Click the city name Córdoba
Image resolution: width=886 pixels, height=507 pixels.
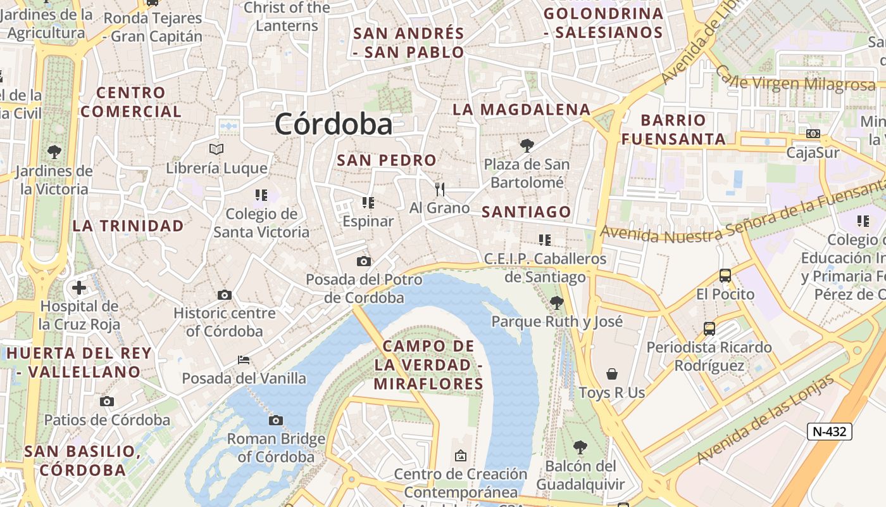click(334, 124)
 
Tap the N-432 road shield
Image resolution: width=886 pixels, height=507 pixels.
click(830, 432)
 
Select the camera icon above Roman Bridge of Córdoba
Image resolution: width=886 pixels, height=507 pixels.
click(275, 420)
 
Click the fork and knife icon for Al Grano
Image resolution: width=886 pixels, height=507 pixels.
click(440, 189)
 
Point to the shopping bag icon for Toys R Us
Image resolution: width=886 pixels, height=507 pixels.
click(611, 373)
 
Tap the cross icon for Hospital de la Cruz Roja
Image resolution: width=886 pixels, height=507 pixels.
click(79, 288)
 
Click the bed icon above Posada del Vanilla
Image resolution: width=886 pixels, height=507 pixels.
click(244, 360)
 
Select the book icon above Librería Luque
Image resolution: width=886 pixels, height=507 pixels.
click(216, 149)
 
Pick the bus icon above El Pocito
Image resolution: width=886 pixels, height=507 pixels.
click(725, 276)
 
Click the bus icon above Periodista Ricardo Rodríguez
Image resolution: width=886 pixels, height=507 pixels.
click(709, 329)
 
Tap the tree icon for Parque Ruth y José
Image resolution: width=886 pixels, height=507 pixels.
click(557, 302)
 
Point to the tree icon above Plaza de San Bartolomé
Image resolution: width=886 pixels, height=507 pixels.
click(527, 146)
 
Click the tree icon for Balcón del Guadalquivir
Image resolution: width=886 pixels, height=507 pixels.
click(580, 447)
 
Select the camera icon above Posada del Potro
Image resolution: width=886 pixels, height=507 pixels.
click(363, 261)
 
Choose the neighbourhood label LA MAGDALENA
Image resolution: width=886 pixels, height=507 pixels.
click(521, 110)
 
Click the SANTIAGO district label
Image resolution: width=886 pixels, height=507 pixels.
click(526, 212)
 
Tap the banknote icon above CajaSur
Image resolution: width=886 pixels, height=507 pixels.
click(813, 134)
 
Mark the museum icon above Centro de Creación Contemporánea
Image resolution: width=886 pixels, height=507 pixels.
click(460, 455)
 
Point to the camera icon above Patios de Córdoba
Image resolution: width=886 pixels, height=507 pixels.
click(107, 401)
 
